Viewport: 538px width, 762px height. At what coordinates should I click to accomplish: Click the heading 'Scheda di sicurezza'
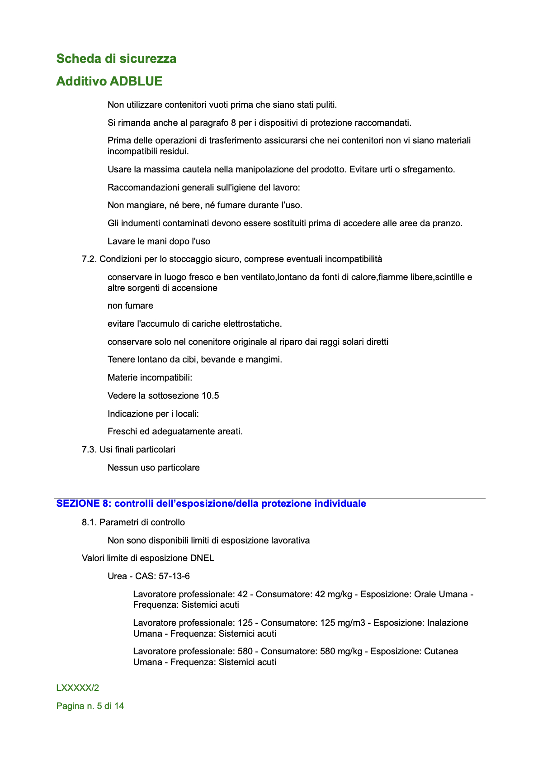tap(116, 59)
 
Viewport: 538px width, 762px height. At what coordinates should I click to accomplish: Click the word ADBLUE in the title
tap(136, 81)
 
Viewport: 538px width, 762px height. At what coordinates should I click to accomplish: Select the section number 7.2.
tap(89, 259)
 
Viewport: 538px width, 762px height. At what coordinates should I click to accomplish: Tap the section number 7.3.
tap(89, 449)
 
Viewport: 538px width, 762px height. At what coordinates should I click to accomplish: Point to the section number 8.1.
tap(89, 522)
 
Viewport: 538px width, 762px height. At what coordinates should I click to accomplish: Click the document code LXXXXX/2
tap(78, 688)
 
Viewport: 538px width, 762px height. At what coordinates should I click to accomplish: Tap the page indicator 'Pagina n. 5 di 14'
tap(90, 706)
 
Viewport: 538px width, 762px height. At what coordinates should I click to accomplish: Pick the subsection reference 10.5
tap(210, 395)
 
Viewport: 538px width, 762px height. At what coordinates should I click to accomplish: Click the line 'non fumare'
tap(130, 306)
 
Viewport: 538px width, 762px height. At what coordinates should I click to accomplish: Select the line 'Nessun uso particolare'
tap(154, 467)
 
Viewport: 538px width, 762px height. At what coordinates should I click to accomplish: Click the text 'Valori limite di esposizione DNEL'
tap(148, 558)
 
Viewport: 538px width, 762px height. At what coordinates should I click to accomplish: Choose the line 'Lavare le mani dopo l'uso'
tap(159, 241)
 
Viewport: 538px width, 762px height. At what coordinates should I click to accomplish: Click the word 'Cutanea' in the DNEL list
tap(441, 651)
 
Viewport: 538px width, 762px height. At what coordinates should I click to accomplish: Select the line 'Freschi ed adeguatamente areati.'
tap(175, 431)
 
